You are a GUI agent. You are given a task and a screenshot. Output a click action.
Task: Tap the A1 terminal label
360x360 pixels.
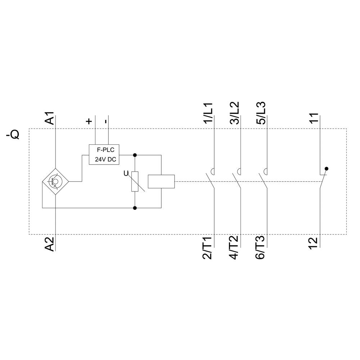(50, 118)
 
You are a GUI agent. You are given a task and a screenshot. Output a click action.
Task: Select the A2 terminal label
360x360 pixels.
(50, 244)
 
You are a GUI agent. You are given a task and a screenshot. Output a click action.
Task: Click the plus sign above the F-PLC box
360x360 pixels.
(89, 121)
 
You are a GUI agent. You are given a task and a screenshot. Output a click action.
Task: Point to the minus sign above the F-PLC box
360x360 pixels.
(105, 121)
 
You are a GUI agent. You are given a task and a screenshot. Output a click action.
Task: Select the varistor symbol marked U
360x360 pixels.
(135, 181)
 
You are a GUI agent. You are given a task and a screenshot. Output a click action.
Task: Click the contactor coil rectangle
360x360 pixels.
(161, 181)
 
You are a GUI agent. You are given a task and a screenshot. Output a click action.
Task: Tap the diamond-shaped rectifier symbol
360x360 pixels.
(55, 182)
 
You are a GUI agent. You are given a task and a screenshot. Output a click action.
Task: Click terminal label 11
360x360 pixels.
(314, 119)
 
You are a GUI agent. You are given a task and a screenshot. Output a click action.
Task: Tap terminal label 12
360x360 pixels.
(314, 243)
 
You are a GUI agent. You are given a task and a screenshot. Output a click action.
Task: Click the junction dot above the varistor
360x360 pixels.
(135, 155)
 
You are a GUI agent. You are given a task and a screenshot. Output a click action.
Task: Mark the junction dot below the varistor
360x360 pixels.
(135, 208)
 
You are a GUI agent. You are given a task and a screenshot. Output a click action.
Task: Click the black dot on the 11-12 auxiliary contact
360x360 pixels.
(327, 168)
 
